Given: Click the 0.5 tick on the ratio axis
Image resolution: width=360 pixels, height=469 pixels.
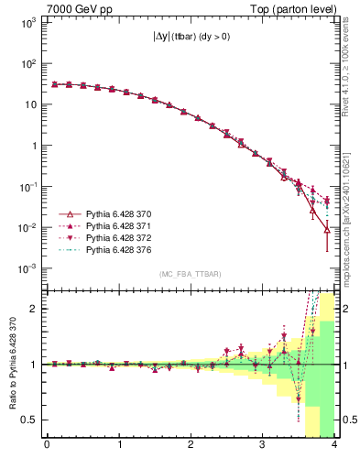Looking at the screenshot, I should [32, 420].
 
